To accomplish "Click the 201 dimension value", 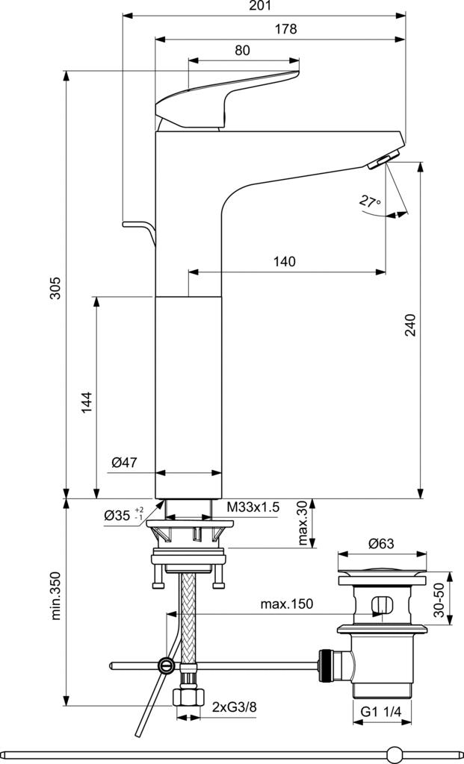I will (262, 6).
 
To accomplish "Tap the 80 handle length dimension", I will (242, 51).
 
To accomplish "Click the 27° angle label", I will (369, 201).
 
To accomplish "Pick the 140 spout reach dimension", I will (284, 261).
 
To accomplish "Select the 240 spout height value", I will (410, 325).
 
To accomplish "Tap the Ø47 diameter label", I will (124, 463).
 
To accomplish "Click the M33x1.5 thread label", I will (253, 507).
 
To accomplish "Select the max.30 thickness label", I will (301, 524).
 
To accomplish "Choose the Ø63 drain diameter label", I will (380, 545).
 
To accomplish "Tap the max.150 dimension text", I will (286, 604).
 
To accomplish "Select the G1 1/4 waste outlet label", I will (382, 713).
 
